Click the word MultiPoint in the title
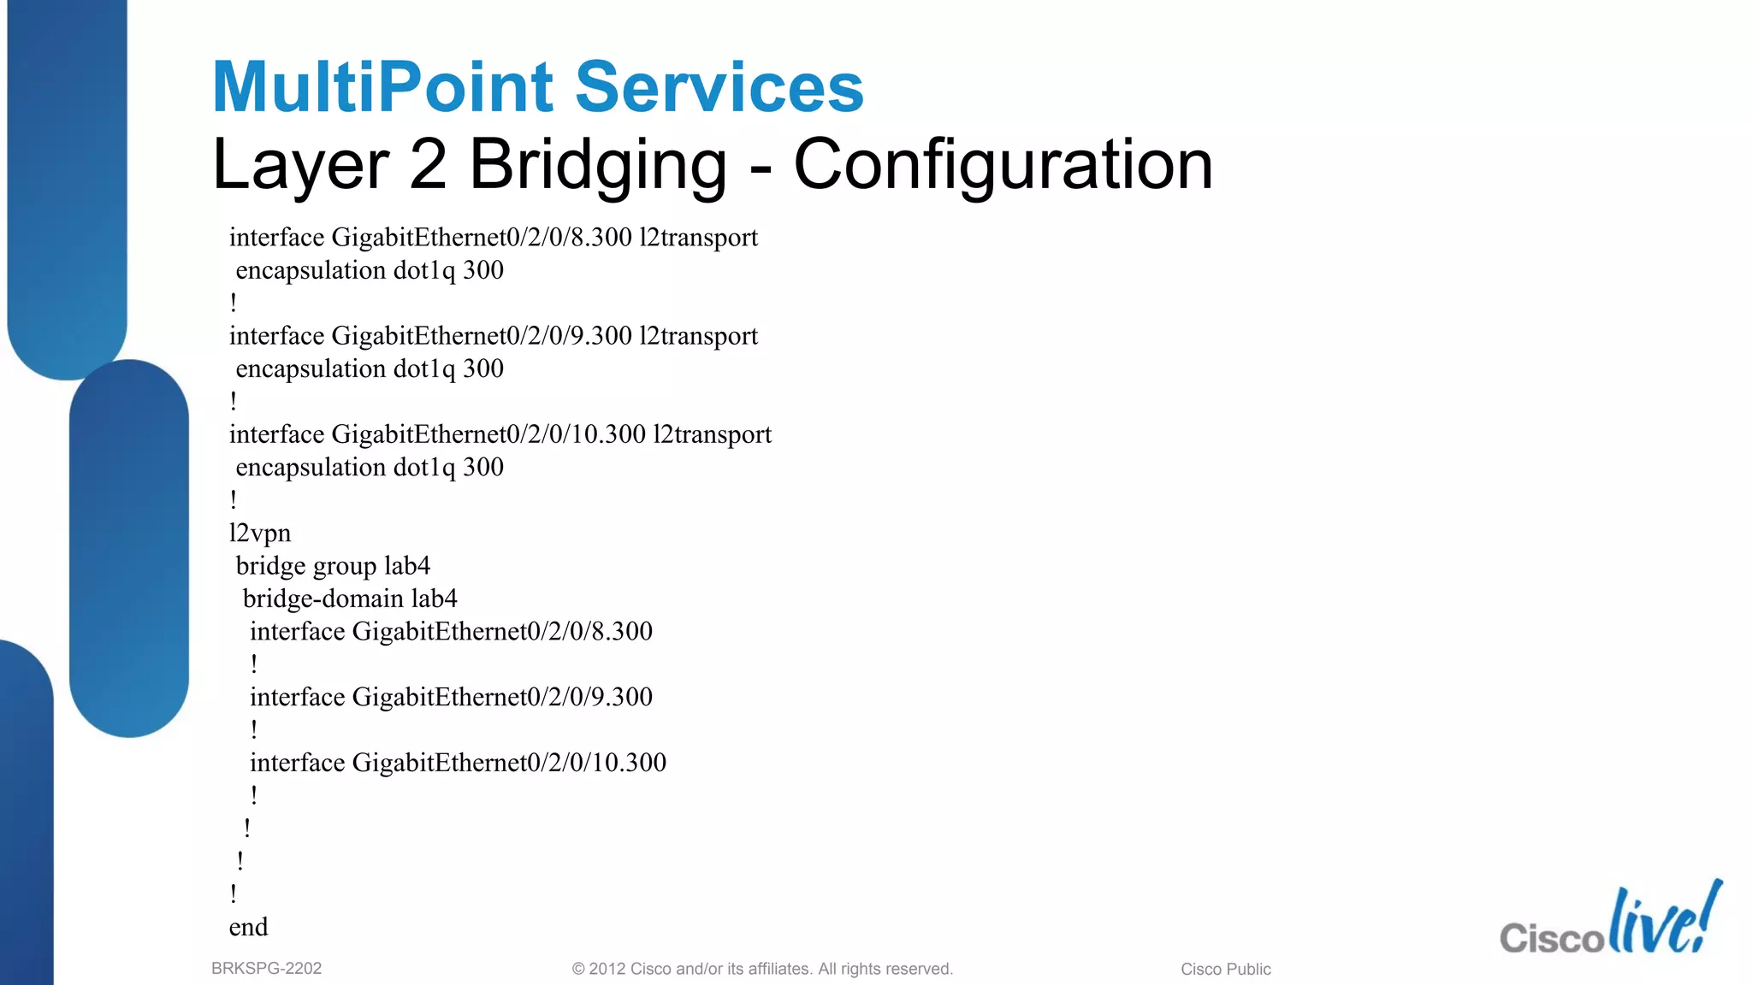(x=382, y=87)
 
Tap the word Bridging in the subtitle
(x=597, y=164)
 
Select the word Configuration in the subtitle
(x=1003, y=164)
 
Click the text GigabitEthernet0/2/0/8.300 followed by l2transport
(x=482, y=238)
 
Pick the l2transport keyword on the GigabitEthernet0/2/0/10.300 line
(x=712, y=434)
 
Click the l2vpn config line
(x=260, y=534)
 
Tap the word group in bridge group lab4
(x=345, y=566)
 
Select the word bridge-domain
(x=323, y=599)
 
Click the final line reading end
(x=248, y=927)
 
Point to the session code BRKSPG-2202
(x=266, y=969)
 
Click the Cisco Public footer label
(x=1225, y=969)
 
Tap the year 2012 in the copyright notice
(x=607, y=969)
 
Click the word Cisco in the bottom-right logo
(x=1551, y=937)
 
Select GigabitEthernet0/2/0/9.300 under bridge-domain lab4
(x=502, y=697)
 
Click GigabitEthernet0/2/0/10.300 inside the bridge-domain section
(x=509, y=763)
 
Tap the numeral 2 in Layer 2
(x=428, y=164)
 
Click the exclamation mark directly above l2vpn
(x=234, y=499)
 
